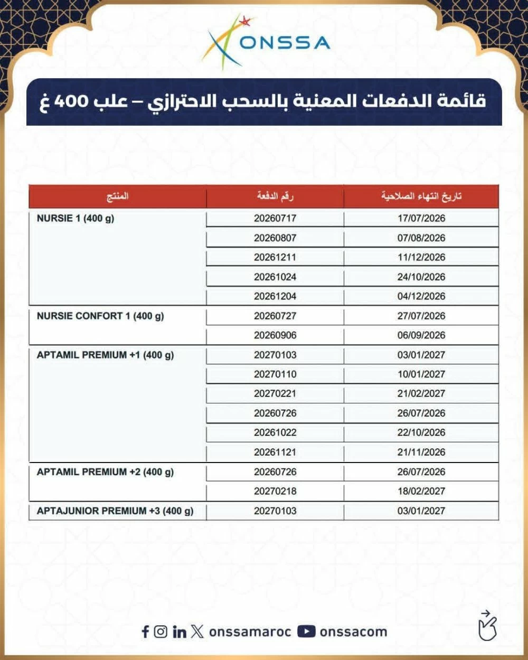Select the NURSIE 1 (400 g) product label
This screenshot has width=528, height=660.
[76, 218]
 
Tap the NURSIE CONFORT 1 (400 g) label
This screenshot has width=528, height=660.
[100, 316]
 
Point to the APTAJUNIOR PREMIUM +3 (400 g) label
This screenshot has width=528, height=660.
[115, 511]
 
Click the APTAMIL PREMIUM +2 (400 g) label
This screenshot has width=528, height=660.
[105, 472]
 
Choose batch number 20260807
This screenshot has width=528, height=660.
[275, 238]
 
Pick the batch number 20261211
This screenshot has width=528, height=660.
[275, 257]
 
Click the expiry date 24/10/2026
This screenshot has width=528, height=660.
[421, 277]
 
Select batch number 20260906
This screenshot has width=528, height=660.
[275, 335]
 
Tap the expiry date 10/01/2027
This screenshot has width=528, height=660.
[421, 374]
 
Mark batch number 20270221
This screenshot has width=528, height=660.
[275, 393]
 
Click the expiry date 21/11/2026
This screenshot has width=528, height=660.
[421, 452]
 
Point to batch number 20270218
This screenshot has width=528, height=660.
[275, 491]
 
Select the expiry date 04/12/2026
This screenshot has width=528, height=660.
[421, 296]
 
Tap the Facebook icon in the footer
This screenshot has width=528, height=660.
[145, 631]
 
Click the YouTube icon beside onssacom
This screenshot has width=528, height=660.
[306, 631]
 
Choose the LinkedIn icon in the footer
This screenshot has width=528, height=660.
[180, 631]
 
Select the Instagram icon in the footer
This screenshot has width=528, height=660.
[161, 631]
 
